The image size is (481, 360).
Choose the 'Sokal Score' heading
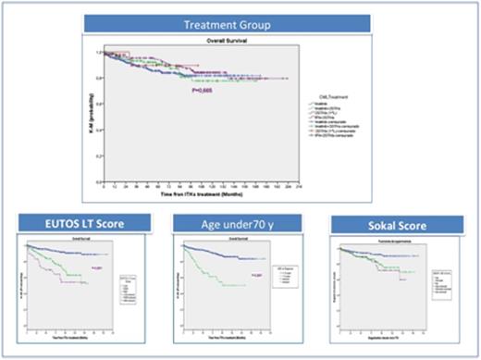tap(396, 224)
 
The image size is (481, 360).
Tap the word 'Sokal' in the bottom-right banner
tap(379, 224)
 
